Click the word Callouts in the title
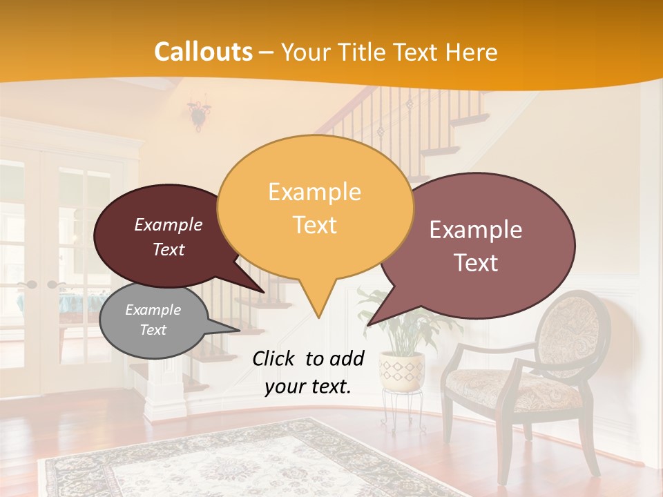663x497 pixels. click(x=203, y=52)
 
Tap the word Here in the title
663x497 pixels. click(x=470, y=52)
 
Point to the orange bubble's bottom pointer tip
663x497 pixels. click(x=318, y=317)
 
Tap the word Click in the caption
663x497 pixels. click(x=275, y=358)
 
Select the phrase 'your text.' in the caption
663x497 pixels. click(x=307, y=387)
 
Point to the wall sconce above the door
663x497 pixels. click(x=198, y=113)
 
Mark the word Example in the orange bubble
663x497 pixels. click(x=314, y=192)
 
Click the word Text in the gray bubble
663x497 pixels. click(x=153, y=330)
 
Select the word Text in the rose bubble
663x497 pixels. click(x=477, y=263)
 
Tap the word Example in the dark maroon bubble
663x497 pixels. click(x=169, y=224)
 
